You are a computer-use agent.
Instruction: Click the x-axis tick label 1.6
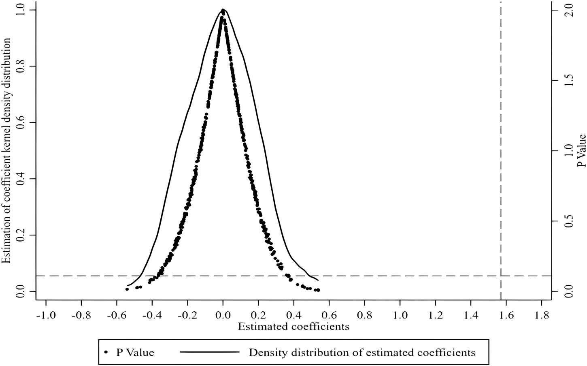point(506,315)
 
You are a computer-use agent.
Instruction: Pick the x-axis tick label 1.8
point(542,315)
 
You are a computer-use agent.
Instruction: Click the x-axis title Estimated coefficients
point(293,326)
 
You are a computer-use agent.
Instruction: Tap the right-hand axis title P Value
point(581,150)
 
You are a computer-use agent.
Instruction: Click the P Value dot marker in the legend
point(106,352)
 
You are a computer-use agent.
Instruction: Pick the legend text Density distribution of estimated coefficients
point(362,352)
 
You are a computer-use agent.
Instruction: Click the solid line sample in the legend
point(209,352)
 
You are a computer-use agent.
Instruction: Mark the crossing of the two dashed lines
point(501,276)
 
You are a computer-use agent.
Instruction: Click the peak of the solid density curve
point(223,9)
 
